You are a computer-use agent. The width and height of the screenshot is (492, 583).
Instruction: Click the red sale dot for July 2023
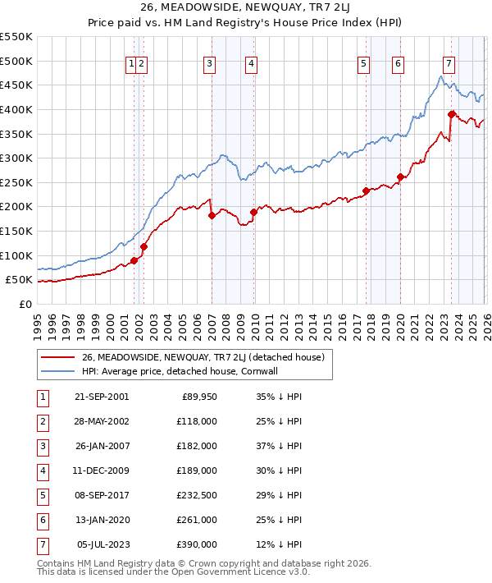click(452, 114)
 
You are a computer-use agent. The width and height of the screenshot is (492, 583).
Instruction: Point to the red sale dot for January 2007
click(212, 216)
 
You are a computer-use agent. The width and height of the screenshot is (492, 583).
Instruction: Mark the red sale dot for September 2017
click(366, 191)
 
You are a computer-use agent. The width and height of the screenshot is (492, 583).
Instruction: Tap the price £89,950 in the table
click(197, 397)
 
